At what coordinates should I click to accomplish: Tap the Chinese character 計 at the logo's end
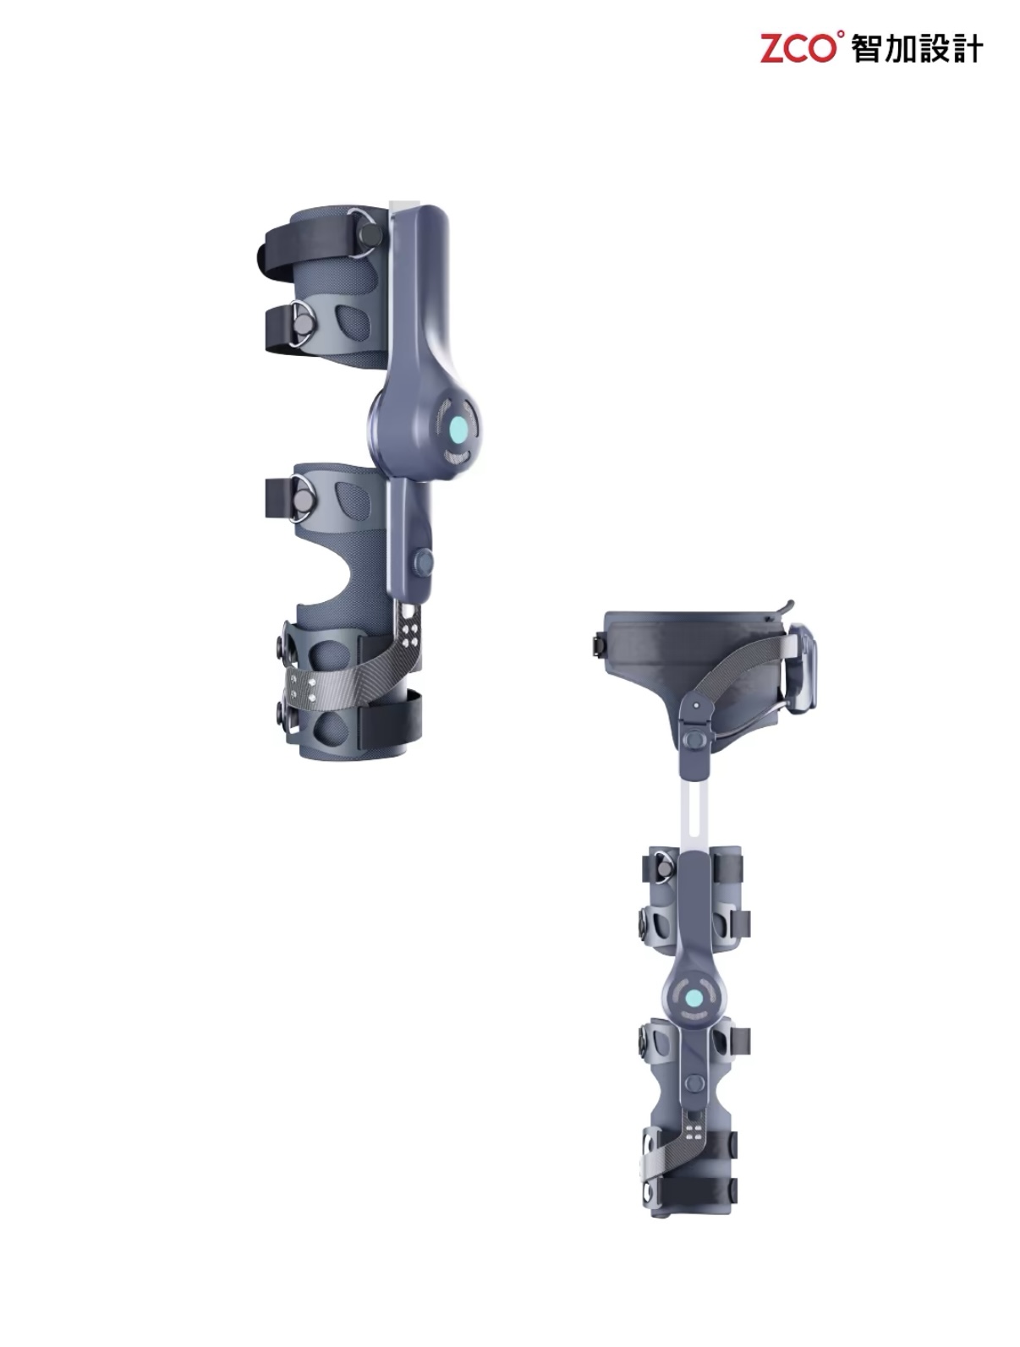[968, 48]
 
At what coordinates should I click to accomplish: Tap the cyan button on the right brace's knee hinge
[694, 997]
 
